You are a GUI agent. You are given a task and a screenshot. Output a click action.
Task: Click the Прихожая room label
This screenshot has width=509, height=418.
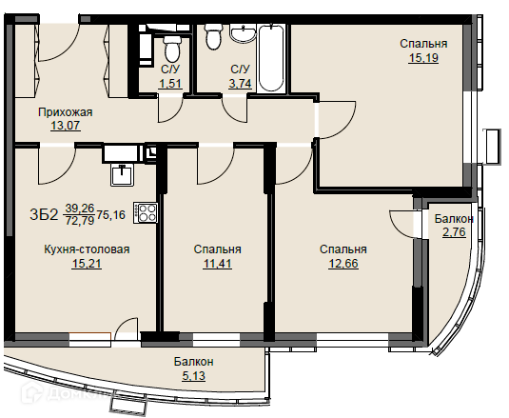[66, 112]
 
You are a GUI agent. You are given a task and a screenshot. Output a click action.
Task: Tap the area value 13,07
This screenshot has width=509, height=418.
[66, 125]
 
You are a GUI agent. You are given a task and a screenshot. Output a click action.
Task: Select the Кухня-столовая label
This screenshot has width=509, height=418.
[87, 249]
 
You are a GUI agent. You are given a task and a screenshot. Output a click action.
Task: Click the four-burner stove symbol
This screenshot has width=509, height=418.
[146, 212]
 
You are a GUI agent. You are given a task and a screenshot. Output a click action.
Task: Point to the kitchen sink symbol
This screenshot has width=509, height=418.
[122, 175]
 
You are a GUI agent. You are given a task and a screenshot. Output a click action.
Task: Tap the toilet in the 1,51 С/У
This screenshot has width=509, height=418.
[171, 49]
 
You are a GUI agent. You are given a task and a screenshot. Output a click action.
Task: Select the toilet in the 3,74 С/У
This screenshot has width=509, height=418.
[213, 37]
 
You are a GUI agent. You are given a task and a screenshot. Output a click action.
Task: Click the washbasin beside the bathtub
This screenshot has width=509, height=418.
[243, 33]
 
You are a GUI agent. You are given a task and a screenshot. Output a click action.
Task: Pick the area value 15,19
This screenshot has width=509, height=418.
[423, 58]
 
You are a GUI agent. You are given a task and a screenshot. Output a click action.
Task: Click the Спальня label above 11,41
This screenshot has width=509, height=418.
[217, 249]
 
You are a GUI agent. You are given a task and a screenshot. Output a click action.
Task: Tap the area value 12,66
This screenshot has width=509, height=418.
[343, 264]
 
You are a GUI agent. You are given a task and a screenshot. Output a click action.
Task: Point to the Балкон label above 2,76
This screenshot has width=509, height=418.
[454, 219]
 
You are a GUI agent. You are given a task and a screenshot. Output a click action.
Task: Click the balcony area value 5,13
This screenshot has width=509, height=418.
[193, 376]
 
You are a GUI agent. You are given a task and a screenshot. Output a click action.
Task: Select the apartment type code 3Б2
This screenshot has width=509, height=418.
[44, 214]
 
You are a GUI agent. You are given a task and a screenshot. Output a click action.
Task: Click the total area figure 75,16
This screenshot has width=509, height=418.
[110, 214]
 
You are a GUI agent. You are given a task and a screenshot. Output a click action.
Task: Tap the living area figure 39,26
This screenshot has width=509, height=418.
[80, 208]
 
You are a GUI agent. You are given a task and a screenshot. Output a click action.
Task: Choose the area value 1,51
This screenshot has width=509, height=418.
[169, 84]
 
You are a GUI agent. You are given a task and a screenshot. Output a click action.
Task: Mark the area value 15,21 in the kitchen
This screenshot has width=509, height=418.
[87, 264]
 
